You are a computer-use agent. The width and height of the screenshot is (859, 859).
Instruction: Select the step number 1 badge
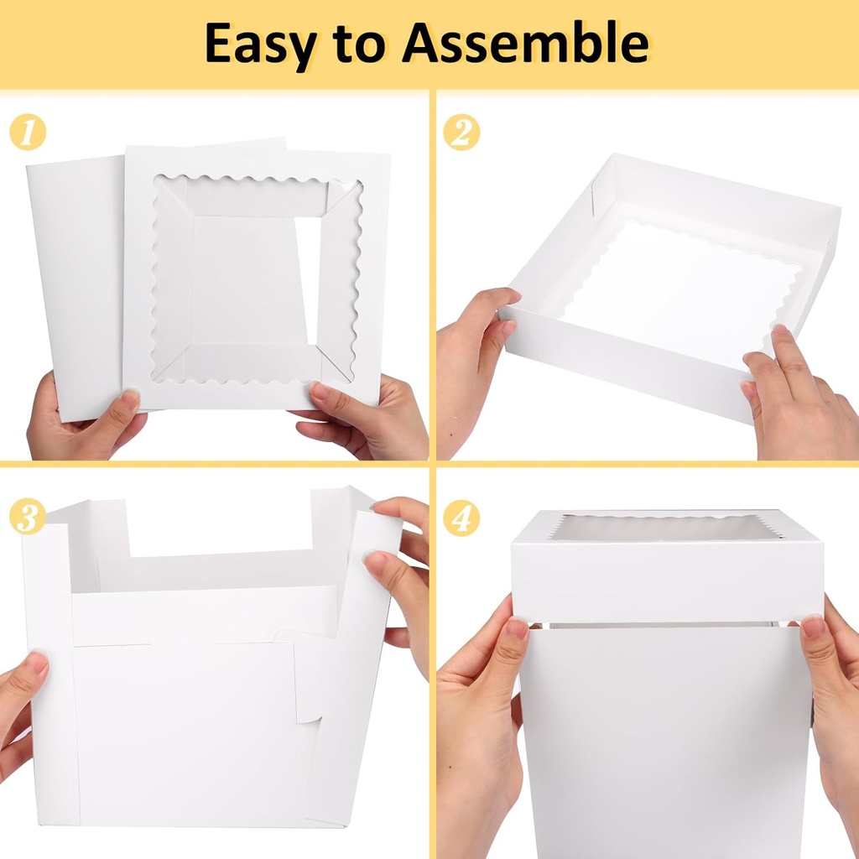click(x=28, y=133)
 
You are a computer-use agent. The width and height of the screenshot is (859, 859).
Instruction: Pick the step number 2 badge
click(x=461, y=133)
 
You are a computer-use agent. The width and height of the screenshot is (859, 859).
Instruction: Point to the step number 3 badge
click(x=28, y=517)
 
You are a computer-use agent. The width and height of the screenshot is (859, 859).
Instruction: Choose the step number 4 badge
click(x=461, y=518)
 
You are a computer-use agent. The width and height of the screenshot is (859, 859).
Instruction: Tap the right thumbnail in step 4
click(x=812, y=626)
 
